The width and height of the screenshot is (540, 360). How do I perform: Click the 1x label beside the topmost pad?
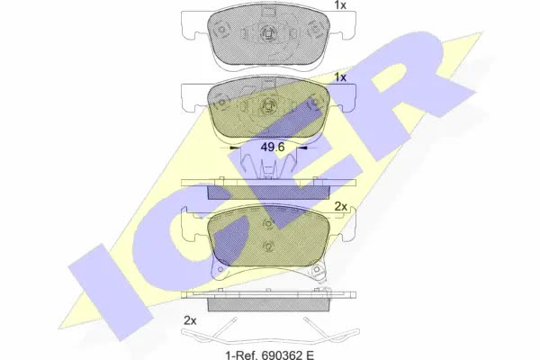tap(340, 5)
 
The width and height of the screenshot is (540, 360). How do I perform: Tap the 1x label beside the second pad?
tap(340, 77)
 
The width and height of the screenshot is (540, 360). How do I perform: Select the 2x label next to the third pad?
tap(340, 206)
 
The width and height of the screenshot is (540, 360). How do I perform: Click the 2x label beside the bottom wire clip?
tap(190, 320)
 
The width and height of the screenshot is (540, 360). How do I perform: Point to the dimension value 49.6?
tap(273, 147)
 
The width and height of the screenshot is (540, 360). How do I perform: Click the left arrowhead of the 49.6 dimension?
tap(234, 148)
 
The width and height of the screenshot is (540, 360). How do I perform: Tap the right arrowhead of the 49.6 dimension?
tap(302, 148)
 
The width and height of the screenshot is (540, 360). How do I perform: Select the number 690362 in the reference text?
tap(277, 355)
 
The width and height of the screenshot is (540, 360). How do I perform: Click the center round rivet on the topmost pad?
tap(268, 33)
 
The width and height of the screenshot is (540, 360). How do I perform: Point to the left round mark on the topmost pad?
tap(220, 30)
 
